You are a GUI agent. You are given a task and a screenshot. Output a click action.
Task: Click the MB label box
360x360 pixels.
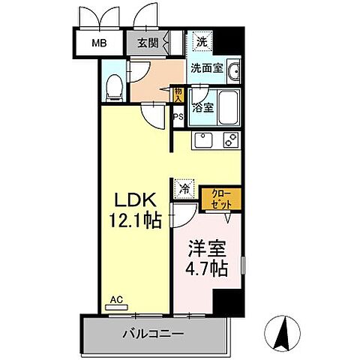point(99,43)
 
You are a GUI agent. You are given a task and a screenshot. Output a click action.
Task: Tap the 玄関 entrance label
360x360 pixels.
point(147,43)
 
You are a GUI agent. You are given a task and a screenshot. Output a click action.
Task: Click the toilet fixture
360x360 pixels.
point(114,88)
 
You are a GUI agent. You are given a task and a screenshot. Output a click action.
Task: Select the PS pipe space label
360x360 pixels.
point(178,117)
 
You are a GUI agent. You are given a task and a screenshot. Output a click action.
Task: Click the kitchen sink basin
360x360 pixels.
point(202,139)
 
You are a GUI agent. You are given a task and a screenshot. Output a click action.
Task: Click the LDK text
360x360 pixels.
point(135,201)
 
